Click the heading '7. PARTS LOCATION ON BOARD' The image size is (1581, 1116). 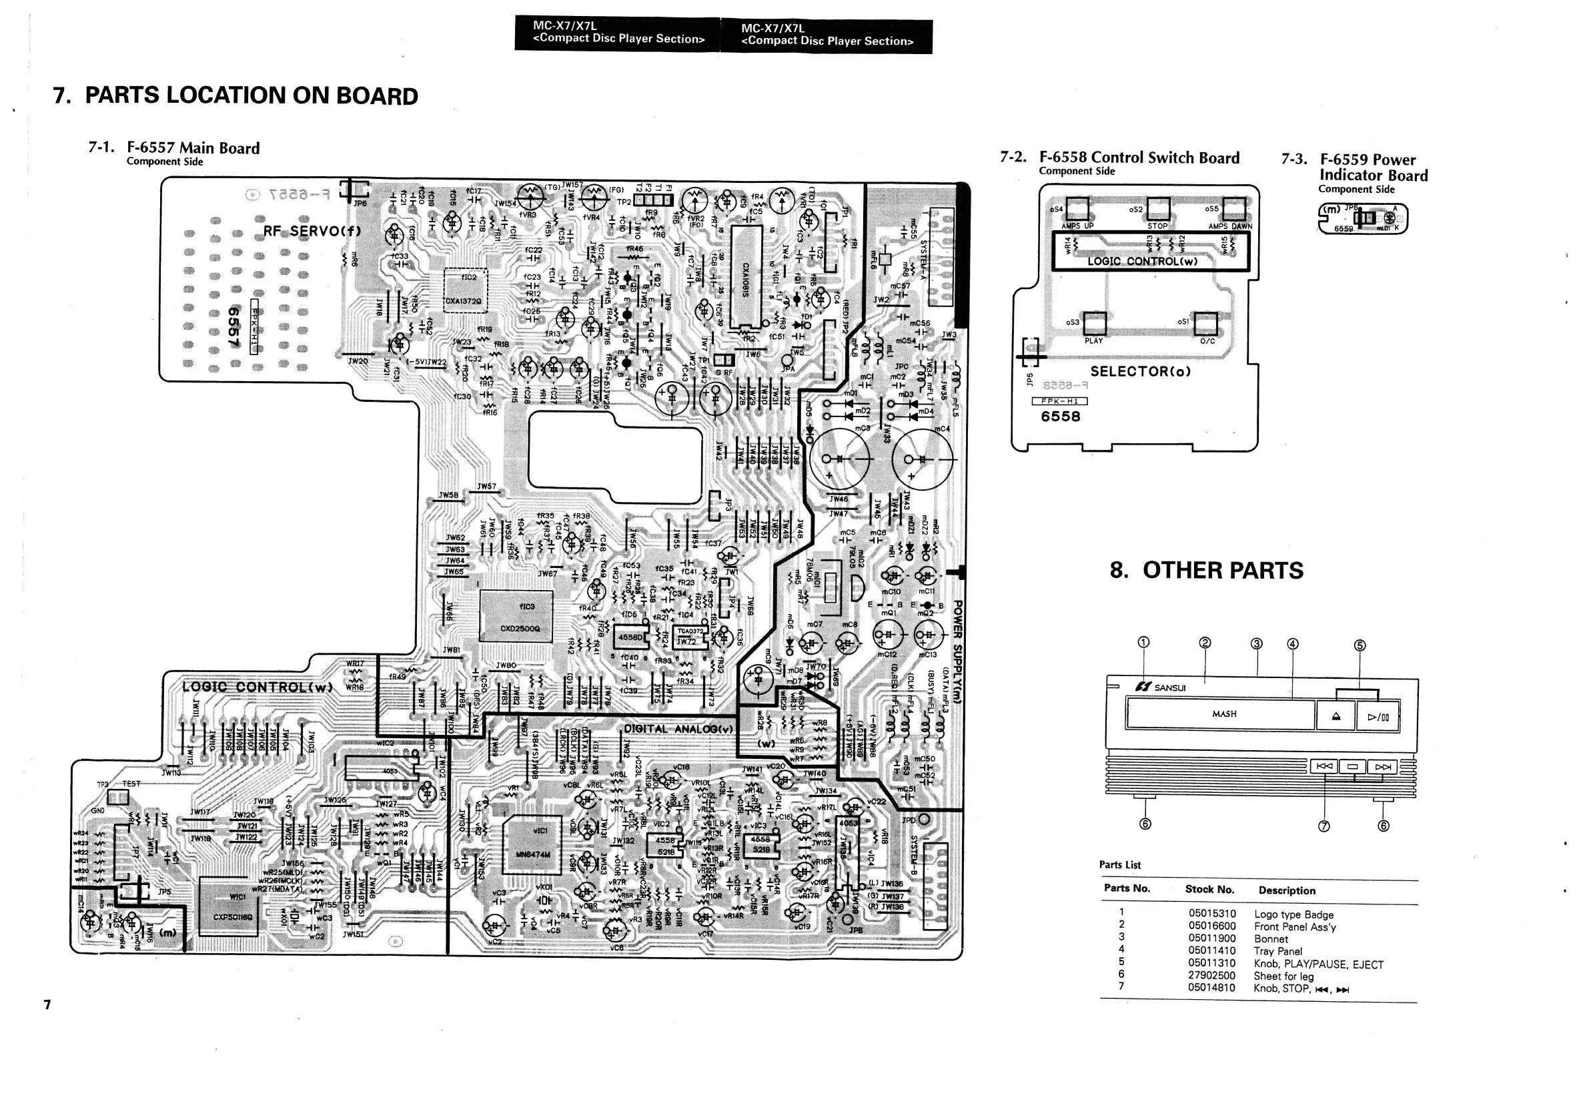click(235, 95)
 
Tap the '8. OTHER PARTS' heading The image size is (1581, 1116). click(1206, 571)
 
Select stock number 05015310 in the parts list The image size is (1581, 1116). click(1211, 914)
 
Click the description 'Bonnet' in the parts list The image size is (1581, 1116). click(1270, 939)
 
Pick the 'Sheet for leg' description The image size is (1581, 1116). click(1283, 976)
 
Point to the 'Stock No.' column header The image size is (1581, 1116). click(1209, 889)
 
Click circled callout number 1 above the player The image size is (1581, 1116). click(1143, 643)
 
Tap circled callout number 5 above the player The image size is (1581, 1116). click(1360, 645)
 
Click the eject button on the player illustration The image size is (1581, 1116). click(1336, 716)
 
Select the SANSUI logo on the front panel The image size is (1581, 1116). click(1161, 687)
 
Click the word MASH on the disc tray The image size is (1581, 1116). click(1223, 714)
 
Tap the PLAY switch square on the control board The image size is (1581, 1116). click(1094, 323)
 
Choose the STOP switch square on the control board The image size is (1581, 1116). click(1158, 208)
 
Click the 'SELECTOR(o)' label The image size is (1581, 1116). click(1140, 371)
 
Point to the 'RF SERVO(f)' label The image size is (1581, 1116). click(312, 231)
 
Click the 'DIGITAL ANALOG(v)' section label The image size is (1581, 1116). click(678, 729)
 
